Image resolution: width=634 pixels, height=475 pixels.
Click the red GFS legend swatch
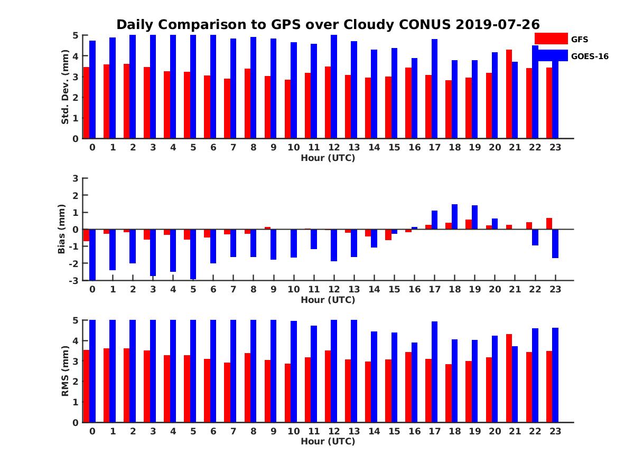(x=551, y=39)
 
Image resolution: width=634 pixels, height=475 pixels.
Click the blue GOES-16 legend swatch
(x=551, y=55)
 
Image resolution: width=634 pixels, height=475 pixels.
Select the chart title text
(x=328, y=25)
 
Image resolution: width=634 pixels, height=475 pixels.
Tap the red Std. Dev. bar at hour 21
(x=509, y=94)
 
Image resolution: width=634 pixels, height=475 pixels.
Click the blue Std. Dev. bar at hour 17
(x=434, y=89)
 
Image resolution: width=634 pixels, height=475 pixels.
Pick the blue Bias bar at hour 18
(x=454, y=217)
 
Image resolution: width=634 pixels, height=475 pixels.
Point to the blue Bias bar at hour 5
(x=193, y=254)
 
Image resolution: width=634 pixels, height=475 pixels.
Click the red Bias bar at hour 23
(x=549, y=224)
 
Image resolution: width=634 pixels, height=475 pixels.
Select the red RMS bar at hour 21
(x=509, y=378)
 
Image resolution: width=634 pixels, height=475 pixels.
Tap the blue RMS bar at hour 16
(x=414, y=382)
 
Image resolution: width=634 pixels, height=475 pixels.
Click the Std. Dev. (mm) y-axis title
(x=65, y=87)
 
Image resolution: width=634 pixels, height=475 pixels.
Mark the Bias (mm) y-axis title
(x=62, y=229)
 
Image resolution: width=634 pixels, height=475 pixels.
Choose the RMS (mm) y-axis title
(x=65, y=371)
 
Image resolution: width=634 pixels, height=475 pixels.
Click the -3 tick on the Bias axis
(x=73, y=280)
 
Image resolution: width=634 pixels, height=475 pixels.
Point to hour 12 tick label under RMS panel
(x=334, y=431)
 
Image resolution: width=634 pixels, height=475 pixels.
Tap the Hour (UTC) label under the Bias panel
(x=328, y=300)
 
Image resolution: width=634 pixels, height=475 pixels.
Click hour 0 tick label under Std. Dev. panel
(x=92, y=148)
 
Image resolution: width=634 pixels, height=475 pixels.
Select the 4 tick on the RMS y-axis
(x=75, y=340)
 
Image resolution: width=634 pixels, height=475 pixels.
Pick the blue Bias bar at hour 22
(x=535, y=237)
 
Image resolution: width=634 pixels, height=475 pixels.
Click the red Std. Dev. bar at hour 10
(x=287, y=109)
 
